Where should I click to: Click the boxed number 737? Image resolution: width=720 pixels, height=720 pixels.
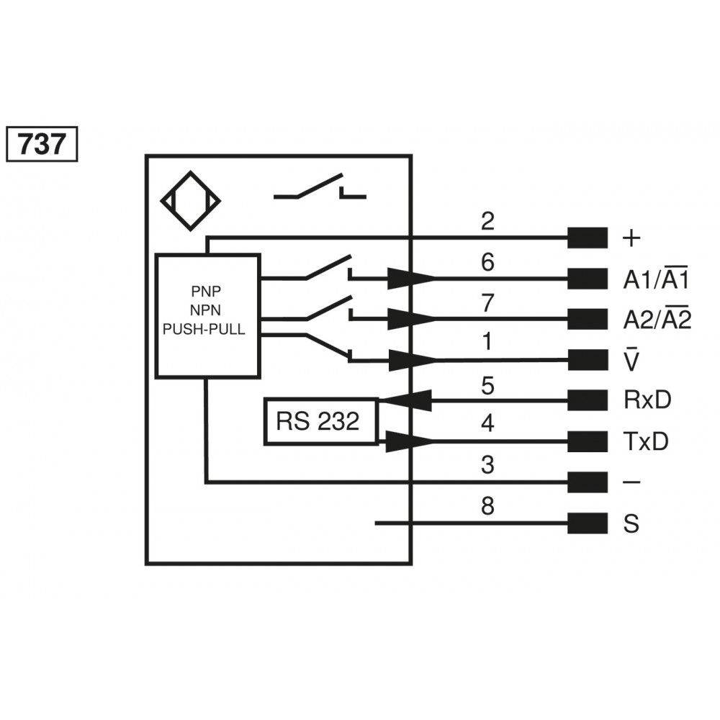coord(41,145)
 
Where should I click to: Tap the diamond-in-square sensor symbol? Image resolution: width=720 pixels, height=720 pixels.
coord(190,201)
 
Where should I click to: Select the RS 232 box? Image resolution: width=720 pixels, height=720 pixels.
coord(320,421)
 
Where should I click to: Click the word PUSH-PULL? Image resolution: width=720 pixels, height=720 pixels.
coord(205,330)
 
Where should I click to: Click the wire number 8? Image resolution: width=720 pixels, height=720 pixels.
coord(488,508)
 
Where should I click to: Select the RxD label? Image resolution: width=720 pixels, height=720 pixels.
coord(647,400)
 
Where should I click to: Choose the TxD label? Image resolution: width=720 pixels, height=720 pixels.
coord(646,442)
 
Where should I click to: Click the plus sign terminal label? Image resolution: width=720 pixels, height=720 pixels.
coord(631,238)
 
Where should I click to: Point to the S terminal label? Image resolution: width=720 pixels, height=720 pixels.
coord(631,524)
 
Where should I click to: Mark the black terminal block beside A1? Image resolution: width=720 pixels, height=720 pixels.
coord(587,279)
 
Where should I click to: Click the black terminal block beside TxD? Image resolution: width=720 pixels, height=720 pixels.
coord(587,441)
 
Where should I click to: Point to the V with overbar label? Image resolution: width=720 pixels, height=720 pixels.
coord(631,359)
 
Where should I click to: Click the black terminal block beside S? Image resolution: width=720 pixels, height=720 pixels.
coord(587,523)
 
